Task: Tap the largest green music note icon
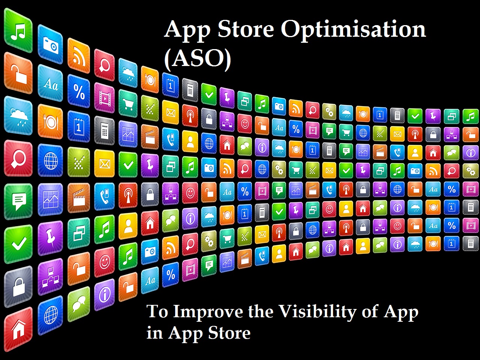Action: (x=18, y=31)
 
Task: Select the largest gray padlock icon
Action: (x=18, y=286)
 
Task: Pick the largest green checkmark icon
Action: (x=18, y=244)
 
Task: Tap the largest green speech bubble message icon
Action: (x=18, y=201)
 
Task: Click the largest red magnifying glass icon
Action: (x=18, y=158)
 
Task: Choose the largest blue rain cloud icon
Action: (x=18, y=115)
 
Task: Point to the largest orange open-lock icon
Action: (x=18, y=73)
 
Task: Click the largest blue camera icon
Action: (x=50, y=44)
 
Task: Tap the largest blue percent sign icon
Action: (x=79, y=91)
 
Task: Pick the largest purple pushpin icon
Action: (x=50, y=238)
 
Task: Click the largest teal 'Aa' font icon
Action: (x=50, y=83)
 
